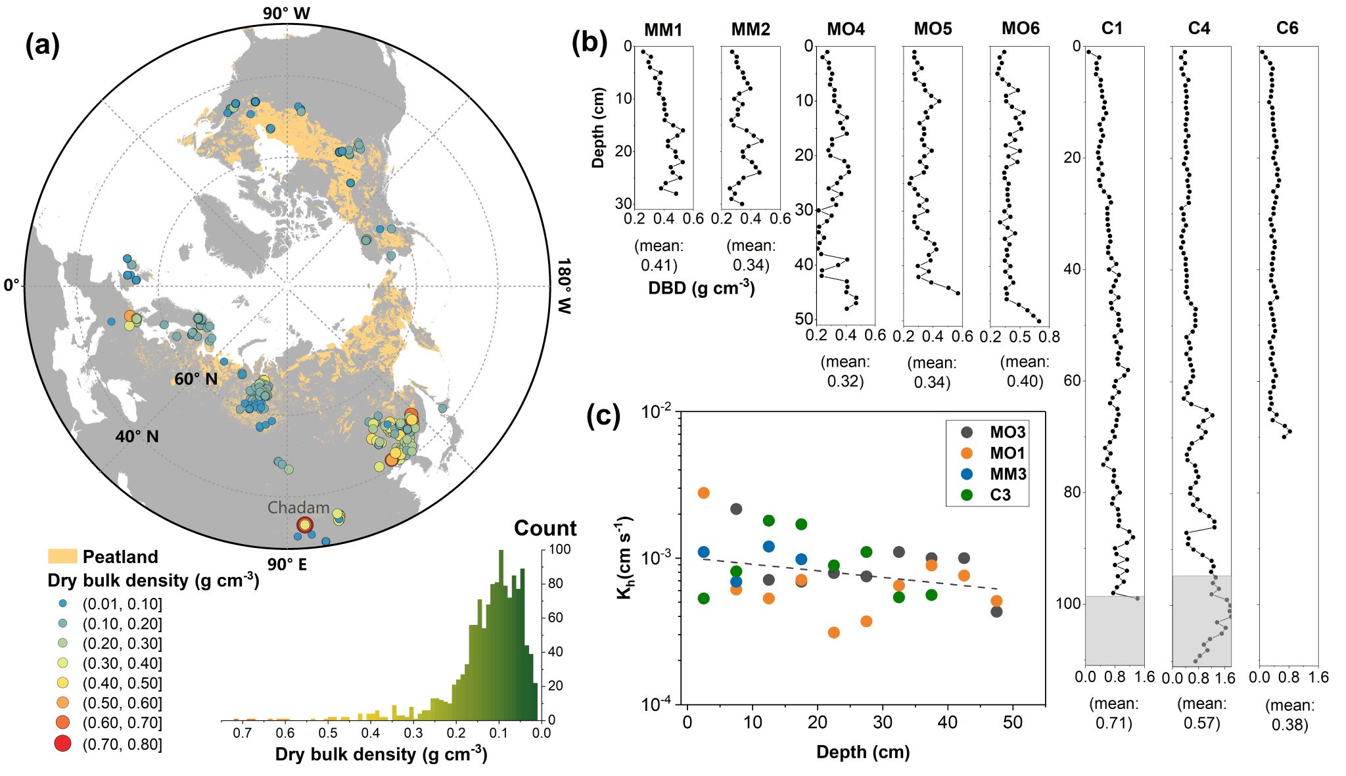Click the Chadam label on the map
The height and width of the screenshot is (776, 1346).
coord(298,508)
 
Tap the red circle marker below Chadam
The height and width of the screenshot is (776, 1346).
coord(304,525)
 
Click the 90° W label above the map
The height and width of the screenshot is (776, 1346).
coord(287,13)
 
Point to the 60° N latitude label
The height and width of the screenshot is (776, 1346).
coord(195,379)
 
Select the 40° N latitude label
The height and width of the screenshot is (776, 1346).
coord(137,437)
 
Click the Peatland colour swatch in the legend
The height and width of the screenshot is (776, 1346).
coord(62,557)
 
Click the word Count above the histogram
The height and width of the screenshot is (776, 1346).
coord(545,528)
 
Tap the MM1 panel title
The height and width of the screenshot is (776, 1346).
coord(663,30)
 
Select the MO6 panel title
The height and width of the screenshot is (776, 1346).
coord(1020,29)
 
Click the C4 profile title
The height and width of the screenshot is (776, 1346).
coord(1199,29)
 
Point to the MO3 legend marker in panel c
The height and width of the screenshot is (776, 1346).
coord(967,432)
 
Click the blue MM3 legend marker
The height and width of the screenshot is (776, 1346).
coord(967,474)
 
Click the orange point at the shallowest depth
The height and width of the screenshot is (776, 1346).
coord(703,493)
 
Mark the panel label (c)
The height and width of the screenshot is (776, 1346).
coord(603,416)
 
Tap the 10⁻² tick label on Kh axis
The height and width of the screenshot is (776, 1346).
coord(656,413)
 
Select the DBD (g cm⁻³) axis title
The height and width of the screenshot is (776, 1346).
coord(701,288)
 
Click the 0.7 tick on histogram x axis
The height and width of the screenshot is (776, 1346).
coord(243,733)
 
